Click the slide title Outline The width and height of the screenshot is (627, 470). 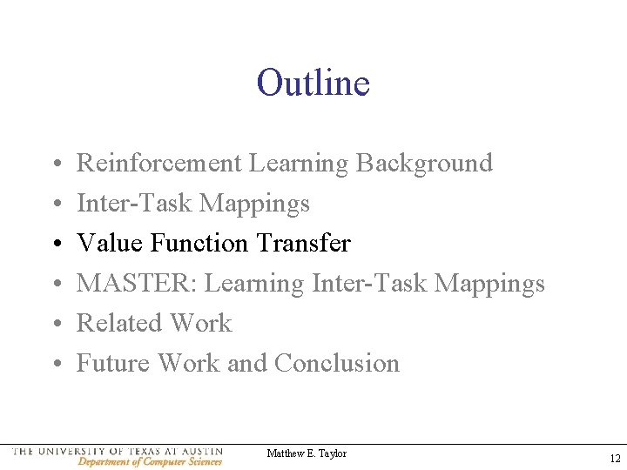[313, 84]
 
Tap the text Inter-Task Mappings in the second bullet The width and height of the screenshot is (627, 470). [193, 203]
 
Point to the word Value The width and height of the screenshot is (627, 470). [110, 243]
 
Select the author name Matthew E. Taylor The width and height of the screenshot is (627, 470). [307, 453]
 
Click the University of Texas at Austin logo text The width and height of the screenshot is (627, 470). [118, 452]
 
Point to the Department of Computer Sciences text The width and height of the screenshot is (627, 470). [150, 462]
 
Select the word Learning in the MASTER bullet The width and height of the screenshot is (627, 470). [253, 284]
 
